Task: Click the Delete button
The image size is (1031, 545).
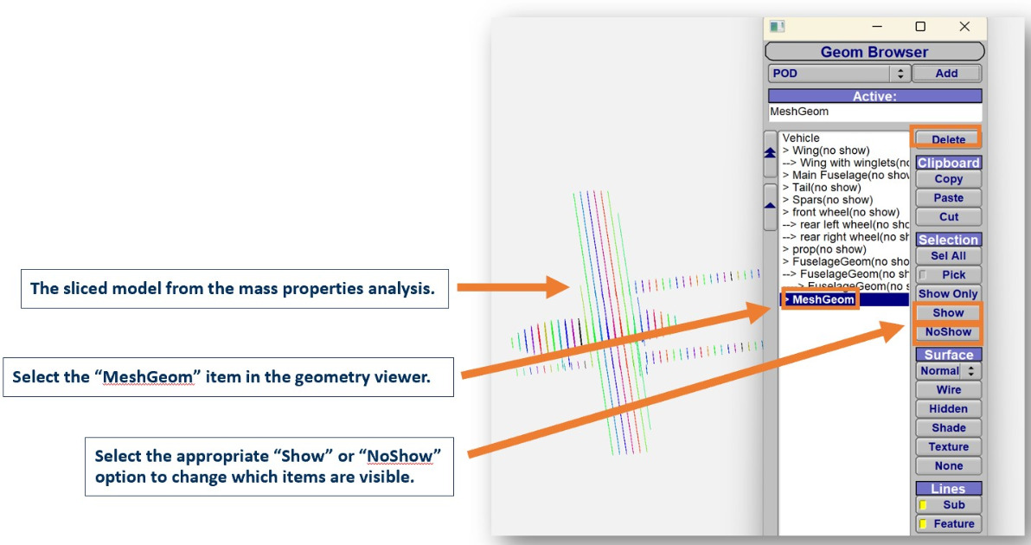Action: point(947,138)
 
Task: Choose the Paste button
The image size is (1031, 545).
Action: point(948,198)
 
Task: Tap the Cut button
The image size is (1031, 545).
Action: point(948,217)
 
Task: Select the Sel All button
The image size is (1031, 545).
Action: point(948,256)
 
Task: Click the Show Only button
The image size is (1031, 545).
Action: point(948,294)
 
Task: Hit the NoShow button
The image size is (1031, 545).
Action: point(948,332)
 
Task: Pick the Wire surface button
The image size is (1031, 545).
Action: point(948,390)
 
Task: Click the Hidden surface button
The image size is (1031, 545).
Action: point(948,409)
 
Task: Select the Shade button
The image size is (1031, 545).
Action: point(948,428)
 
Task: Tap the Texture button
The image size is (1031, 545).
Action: point(948,447)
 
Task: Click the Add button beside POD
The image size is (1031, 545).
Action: point(946,74)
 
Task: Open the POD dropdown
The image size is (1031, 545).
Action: point(839,74)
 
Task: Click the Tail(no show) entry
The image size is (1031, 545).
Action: point(821,188)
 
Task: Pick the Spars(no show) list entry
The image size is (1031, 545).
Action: point(827,200)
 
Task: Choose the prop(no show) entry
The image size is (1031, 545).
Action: point(824,249)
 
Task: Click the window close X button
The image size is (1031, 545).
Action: point(964,26)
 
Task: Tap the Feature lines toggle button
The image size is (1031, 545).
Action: point(948,524)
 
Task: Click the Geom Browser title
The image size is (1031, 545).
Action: point(874,52)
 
